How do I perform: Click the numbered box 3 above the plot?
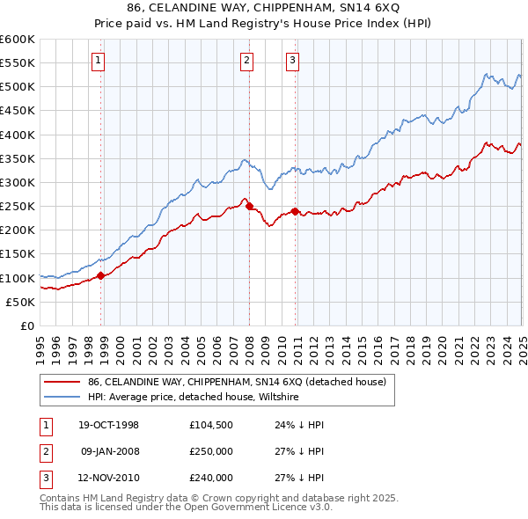pos(291,61)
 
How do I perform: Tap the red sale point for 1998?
pos(101,275)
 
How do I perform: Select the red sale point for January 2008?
pos(249,206)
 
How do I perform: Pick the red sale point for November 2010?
pos(295,211)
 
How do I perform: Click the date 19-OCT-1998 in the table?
pos(109,425)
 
